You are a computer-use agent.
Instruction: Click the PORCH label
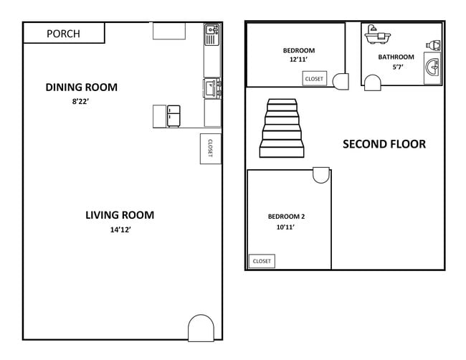tap(63, 34)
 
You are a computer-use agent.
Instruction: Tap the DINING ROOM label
tap(81, 87)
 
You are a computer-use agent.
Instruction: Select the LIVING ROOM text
tap(120, 214)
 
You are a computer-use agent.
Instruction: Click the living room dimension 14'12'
tap(120, 230)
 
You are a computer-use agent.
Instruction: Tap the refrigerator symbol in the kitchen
tap(173, 116)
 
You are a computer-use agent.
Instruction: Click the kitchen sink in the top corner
tap(212, 31)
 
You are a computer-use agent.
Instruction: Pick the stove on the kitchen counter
tap(212, 88)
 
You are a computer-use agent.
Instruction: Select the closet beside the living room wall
tap(210, 148)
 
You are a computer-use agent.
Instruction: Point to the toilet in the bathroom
tap(433, 45)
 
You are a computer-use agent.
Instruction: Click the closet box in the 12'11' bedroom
tap(314, 78)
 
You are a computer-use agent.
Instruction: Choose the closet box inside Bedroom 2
tap(262, 261)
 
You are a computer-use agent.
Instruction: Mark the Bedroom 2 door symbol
tap(321, 175)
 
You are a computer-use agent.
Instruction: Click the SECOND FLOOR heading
tap(384, 144)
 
